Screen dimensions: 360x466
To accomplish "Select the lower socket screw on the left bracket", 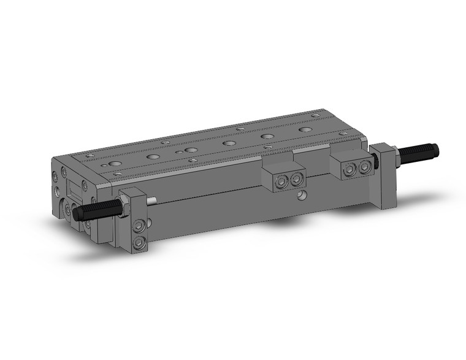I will pos(139,242).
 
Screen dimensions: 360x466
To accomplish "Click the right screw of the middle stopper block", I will pos(297,178).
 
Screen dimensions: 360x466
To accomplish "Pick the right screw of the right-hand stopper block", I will pos(365,167).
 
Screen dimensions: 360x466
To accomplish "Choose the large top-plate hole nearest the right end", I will pos(305,131).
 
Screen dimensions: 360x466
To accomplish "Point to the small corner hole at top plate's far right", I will pos(315,114).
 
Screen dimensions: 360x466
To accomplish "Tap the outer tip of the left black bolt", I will pos(77,214).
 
